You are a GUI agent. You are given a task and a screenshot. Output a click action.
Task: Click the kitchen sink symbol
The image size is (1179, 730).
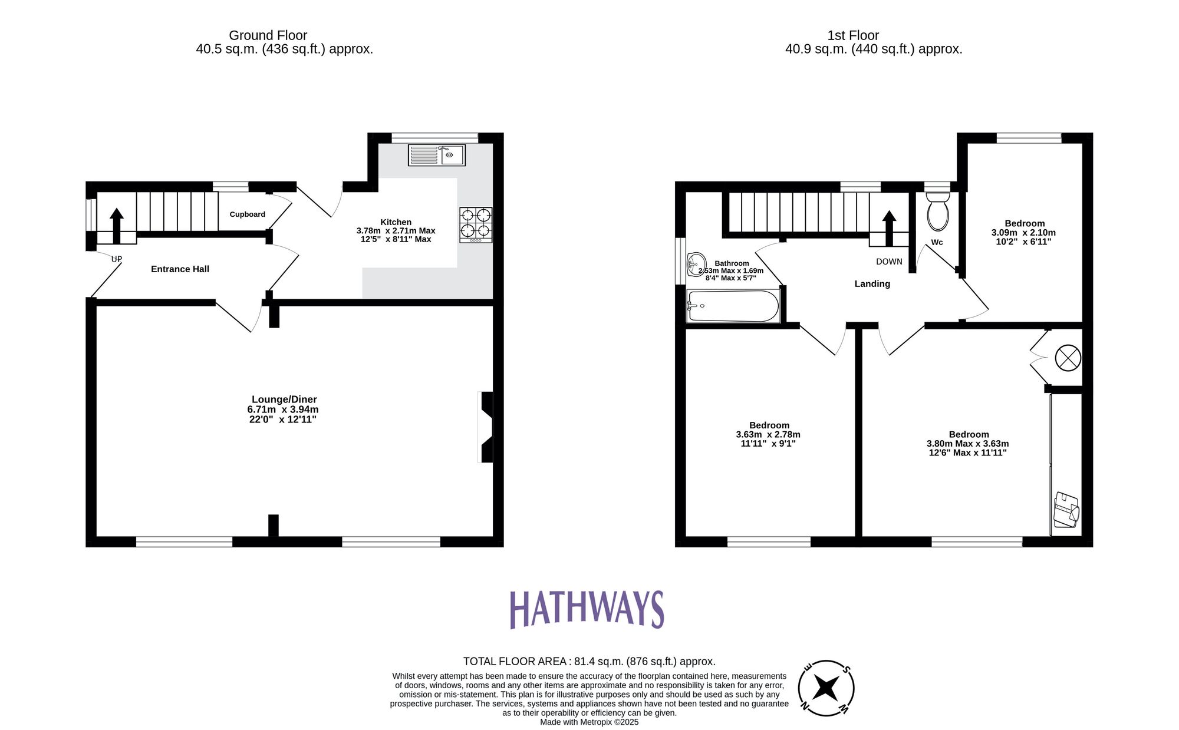(437, 155)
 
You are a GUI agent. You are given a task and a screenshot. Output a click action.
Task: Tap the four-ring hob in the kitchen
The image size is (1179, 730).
(476, 224)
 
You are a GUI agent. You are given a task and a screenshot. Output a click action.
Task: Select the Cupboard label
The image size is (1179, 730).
(247, 214)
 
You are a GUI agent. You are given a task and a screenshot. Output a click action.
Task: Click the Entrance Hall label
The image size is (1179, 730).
(180, 269)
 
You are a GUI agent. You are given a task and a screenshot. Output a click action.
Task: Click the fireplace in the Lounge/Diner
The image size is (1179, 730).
(486, 427)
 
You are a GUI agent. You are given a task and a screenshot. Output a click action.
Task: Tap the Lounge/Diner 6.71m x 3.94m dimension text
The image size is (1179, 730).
(283, 409)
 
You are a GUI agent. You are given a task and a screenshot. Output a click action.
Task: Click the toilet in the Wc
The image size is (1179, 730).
(938, 212)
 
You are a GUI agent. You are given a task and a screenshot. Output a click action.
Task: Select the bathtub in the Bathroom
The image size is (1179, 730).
(733, 306)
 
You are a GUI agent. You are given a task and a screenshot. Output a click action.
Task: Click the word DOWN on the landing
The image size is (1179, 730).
(889, 262)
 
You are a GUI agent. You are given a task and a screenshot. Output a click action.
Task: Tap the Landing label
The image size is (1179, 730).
(872, 284)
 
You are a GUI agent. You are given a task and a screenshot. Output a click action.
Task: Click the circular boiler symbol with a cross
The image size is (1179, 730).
(1068, 358)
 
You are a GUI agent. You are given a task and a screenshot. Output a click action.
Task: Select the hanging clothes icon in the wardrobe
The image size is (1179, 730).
(1066, 510)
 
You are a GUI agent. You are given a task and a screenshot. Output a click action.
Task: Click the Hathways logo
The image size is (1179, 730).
(587, 609)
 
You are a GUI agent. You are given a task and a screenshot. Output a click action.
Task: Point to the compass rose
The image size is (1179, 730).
(826, 688)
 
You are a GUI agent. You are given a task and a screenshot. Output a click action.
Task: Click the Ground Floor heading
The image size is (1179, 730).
(268, 35)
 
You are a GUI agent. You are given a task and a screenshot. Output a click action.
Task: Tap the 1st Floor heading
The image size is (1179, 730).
(852, 35)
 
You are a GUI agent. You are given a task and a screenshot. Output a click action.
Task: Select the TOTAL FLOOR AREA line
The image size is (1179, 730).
(589, 661)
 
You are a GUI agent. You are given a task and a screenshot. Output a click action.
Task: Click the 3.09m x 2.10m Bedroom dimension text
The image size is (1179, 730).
(1023, 233)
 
